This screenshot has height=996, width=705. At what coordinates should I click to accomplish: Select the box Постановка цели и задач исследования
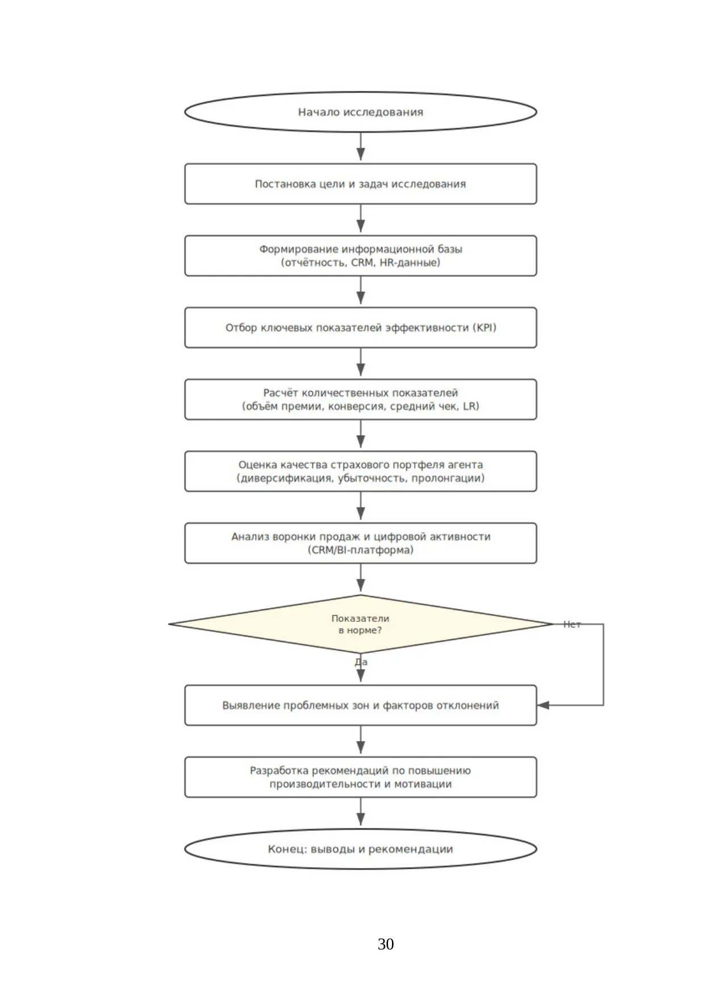coord(360,184)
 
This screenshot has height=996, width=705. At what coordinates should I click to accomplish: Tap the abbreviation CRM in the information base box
coord(362,263)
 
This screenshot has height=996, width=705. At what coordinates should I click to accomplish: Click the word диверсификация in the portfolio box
coord(285,478)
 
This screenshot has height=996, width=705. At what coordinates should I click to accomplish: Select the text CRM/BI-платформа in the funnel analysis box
coord(361,550)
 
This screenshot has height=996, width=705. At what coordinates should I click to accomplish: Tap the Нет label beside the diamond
coord(572,625)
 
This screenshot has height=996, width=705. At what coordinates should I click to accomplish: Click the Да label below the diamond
coord(361,662)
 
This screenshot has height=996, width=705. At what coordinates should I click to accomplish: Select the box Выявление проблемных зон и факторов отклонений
coord(360,705)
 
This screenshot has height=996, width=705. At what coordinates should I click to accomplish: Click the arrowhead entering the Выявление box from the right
coord(543,705)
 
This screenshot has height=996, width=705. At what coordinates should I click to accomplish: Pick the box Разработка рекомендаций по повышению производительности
coord(360,777)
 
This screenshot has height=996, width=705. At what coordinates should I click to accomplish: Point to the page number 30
coord(386,944)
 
